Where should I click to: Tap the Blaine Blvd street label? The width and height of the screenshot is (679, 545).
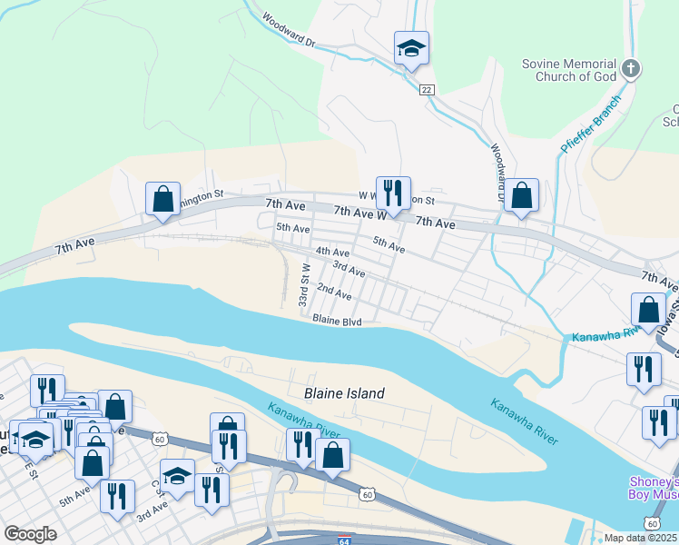pyautogui.click(x=337, y=321)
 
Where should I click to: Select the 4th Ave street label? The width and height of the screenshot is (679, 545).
pyautogui.click(x=332, y=252)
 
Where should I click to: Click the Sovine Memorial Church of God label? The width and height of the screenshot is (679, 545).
pyautogui.click(x=569, y=70)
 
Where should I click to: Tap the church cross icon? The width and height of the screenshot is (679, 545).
pyautogui.click(x=632, y=68)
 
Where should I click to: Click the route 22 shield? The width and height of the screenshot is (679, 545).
pyautogui.click(x=426, y=89)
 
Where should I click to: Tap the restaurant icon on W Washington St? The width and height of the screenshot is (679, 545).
pyautogui.click(x=393, y=193)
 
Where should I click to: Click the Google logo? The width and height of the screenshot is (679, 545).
pyautogui.click(x=30, y=534)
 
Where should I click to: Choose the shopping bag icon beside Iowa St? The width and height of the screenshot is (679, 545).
pyautogui.click(x=649, y=310)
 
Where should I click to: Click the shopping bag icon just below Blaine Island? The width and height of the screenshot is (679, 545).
pyautogui.click(x=333, y=456)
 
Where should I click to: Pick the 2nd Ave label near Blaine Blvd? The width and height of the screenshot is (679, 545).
pyautogui.click(x=334, y=292)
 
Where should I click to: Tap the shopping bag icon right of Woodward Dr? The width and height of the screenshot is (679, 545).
pyautogui.click(x=522, y=196)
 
